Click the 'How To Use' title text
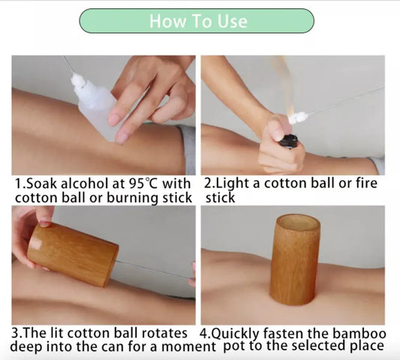[x=198, y=21]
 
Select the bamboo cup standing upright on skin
[x=296, y=259]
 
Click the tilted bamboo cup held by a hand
[x=73, y=253]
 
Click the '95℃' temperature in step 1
[x=143, y=184]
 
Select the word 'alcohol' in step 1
[x=86, y=184]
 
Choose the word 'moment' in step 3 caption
[x=188, y=347]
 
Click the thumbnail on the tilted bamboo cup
[x=45, y=223]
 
